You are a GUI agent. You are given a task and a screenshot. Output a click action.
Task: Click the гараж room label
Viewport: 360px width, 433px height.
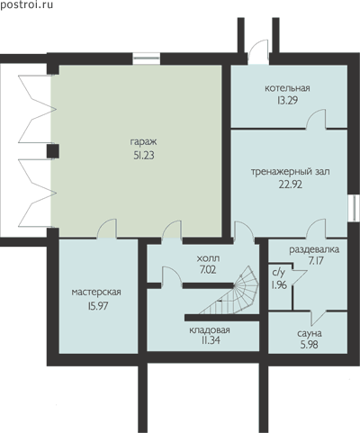tap(143, 142)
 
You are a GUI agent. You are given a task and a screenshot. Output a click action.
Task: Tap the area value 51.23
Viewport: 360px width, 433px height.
tap(144, 155)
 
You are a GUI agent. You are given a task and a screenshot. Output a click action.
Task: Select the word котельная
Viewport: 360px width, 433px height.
tap(287, 88)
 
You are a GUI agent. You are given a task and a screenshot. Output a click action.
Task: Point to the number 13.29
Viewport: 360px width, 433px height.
tap(287, 100)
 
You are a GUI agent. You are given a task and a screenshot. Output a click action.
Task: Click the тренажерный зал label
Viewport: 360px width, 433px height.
tap(290, 172)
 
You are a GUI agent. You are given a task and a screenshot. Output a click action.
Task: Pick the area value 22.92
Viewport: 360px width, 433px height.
tap(291, 185)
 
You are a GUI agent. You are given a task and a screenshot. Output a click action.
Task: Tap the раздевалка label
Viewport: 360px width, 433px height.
tap(314, 249)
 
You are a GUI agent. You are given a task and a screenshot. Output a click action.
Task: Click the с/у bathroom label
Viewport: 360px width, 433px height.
tap(278, 273)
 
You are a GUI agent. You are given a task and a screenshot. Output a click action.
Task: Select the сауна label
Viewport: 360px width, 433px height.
tap(310, 333)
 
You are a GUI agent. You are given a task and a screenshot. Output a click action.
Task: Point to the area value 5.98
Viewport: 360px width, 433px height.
tap(310, 345)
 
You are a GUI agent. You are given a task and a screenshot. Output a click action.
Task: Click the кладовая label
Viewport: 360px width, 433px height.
tap(210, 330)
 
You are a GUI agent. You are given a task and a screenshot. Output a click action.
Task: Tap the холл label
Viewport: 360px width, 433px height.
tap(208, 258)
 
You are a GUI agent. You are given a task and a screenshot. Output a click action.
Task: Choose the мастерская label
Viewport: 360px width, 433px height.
tap(96, 292)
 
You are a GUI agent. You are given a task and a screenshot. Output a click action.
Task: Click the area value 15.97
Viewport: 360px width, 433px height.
tap(98, 306)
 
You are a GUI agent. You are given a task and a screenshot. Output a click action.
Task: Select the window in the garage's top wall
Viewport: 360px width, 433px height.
tap(147, 59)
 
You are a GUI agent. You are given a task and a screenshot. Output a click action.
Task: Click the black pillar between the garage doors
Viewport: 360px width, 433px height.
tap(53, 151)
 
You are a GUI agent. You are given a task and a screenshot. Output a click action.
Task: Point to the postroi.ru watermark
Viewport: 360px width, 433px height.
tap(26, 5)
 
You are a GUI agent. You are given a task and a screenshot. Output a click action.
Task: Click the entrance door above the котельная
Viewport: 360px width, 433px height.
tap(258, 53)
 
